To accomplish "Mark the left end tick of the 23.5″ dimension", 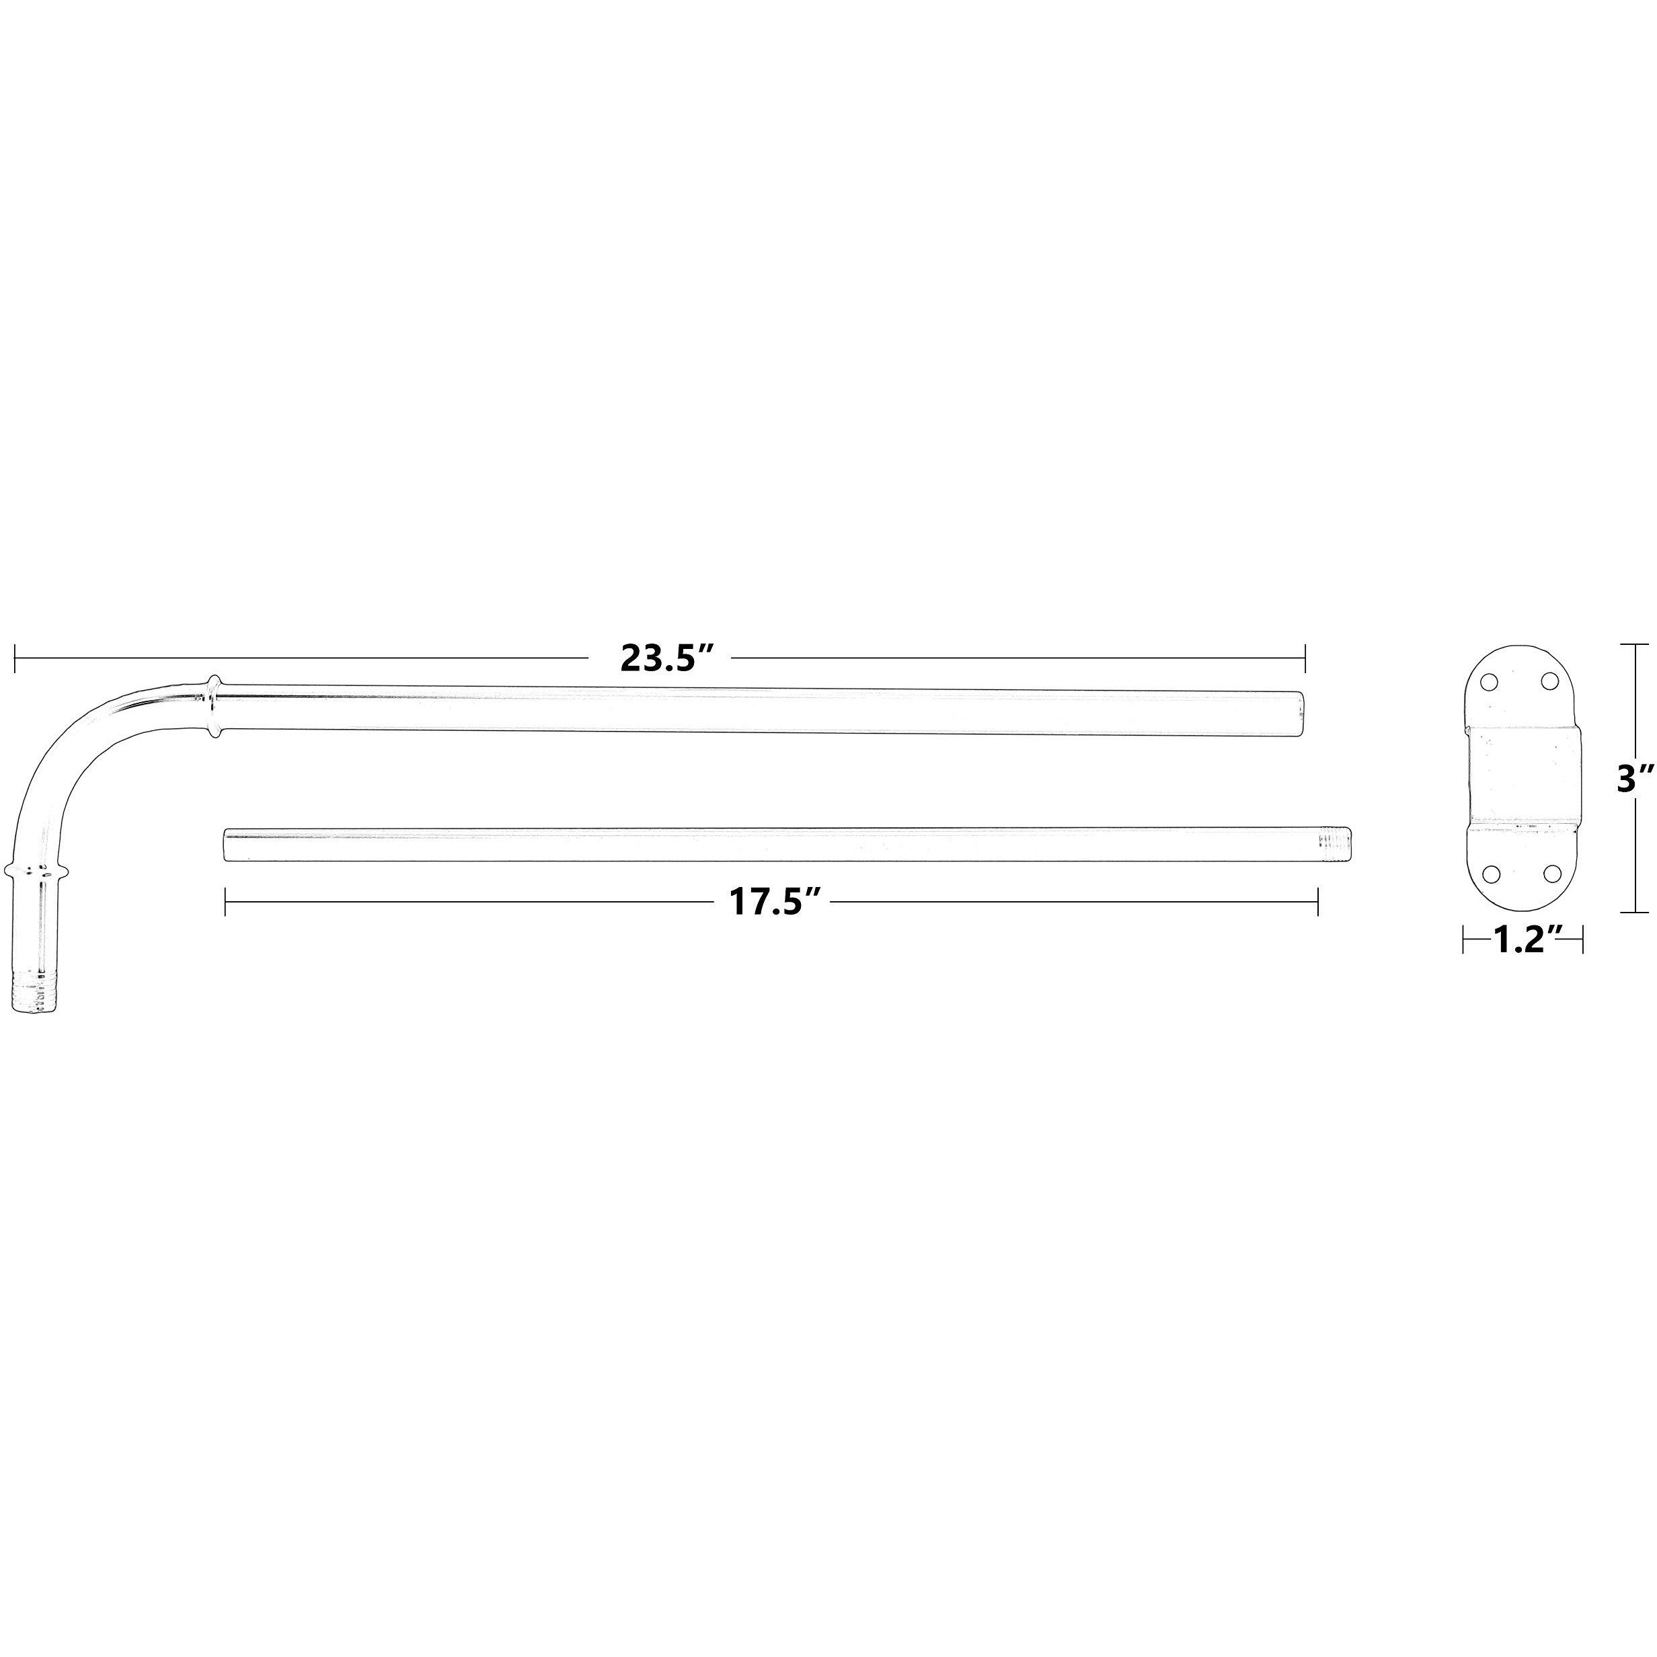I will pos(15,658).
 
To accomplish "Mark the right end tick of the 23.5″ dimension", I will pos(1305,658).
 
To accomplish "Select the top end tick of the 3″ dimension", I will pos(1635,645).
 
